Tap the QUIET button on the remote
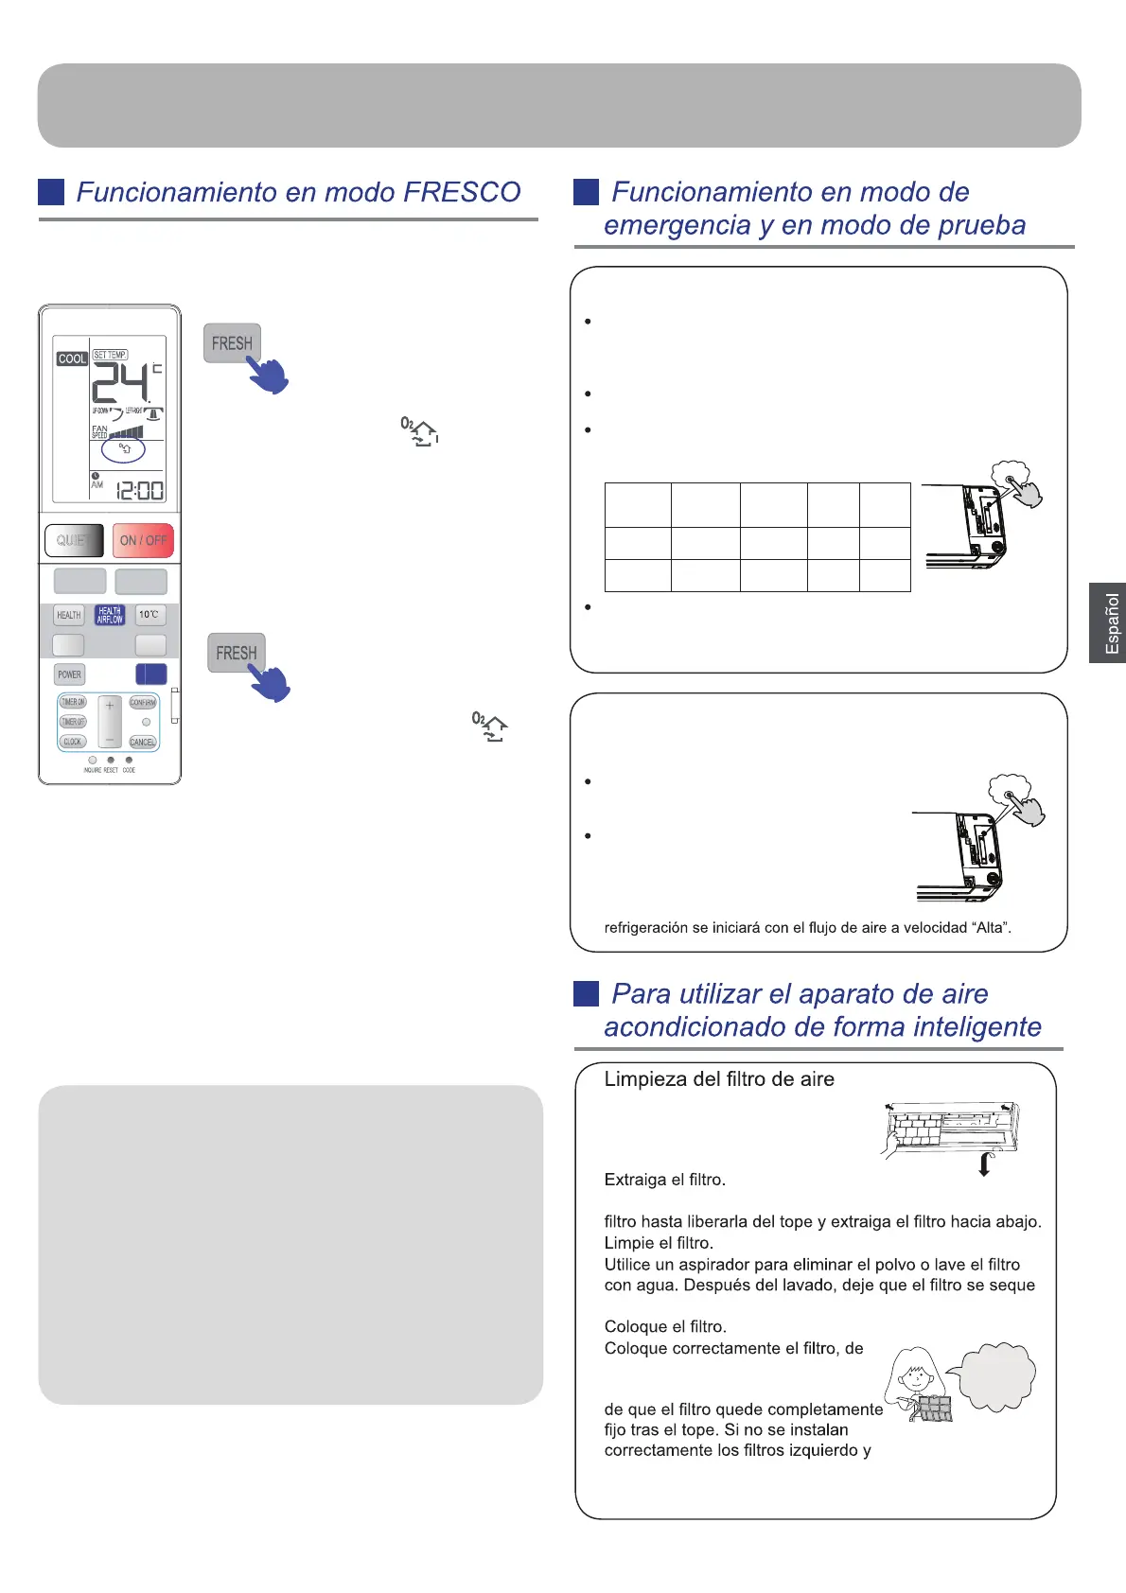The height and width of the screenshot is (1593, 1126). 74,540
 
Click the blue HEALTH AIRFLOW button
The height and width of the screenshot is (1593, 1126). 110,615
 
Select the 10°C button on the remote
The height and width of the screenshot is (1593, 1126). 150,615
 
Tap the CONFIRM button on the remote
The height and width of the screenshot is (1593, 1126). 143,703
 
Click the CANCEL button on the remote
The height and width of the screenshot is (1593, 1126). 143,742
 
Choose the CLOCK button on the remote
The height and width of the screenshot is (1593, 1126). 73,742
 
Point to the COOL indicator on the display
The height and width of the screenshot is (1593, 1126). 72,359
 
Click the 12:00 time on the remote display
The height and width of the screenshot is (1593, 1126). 139,490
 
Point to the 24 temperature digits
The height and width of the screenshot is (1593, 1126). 120,383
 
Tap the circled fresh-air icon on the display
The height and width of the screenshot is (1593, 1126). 123,448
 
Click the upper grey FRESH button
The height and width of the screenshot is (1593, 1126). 232,343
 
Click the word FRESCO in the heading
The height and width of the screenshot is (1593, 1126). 462,192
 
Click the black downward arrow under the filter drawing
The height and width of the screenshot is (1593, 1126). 984,1164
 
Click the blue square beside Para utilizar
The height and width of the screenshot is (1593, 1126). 587,993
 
